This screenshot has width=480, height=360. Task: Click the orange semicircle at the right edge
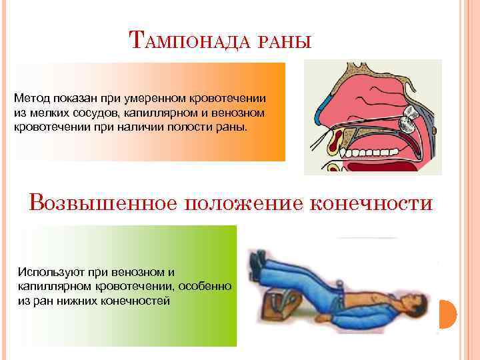point(448,314)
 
